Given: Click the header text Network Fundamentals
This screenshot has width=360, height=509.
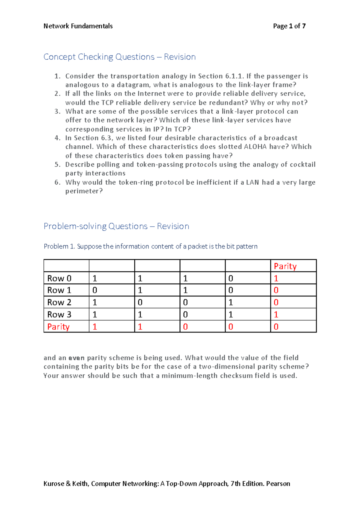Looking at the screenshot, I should pyautogui.click(x=78, y=26).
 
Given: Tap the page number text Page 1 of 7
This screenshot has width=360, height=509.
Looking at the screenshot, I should pyautogui.click(x=289, y=26).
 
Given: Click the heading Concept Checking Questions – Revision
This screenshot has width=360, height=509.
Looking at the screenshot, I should pyautogui.click(x=119, y=57).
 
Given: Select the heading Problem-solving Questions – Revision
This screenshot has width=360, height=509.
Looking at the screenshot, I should pyautogui.click(x=116, y=226).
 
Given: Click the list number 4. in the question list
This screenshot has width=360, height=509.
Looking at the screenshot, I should pyautogui.click(x=58, y=138).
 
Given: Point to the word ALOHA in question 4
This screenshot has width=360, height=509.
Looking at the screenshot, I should pyautogui.click(x=255, y=147).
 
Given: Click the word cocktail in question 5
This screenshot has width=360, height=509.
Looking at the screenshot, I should pyautogui.click(x=302, y=165).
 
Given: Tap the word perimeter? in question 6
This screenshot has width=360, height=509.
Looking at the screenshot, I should pyautogui.click(x=84, y=191).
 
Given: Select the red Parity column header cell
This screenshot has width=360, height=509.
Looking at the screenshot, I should pyautogui.click(x=285, y=266).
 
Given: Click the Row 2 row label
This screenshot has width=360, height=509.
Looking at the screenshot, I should pyautogui.click(x=59, y=302).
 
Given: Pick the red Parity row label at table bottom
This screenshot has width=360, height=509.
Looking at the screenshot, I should pyautogui.click(x=58, y=327).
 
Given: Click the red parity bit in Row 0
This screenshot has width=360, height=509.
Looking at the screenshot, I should pyautogui.click(x=276, y=278).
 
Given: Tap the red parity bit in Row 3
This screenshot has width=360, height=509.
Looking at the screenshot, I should pyautogui.click(x=276, y=315).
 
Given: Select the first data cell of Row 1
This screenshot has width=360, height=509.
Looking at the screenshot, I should pyautogui.click(x=95, y=290).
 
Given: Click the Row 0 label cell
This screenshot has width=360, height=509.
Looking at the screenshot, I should pyautogui.click(x=59, y=278).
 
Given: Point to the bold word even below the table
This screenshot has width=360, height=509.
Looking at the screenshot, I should pyautogui.click(x=76, y=358).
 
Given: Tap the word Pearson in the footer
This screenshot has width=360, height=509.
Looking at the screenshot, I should pyautogui.click(x=278, y=484).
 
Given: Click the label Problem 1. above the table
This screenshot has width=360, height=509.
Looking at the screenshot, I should pyautogui.click(x=59, y=246).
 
